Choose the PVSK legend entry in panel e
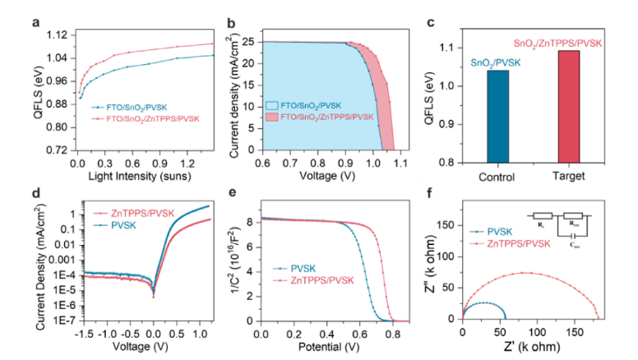point(305,268)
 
